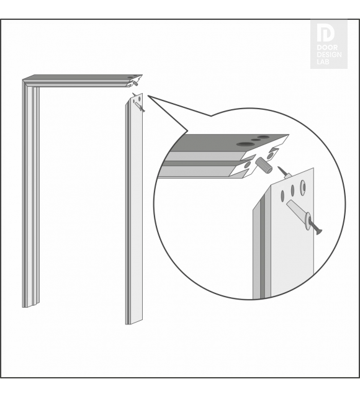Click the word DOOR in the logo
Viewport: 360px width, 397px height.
pos(327,47)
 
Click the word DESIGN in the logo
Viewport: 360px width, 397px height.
pos(329,55)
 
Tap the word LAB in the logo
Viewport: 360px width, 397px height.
pos(323,61)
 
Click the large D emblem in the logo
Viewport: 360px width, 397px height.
pos(326,33)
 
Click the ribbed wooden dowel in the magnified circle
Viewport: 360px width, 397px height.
pos(264,165)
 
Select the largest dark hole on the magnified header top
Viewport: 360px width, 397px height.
pos(245,144)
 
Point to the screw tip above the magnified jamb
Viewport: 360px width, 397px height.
pos(279,167)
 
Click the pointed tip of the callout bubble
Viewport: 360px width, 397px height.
pos(148,96)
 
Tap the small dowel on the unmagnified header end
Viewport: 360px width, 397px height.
pos(136,83)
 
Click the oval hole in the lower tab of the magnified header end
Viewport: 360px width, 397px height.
pos(246,166)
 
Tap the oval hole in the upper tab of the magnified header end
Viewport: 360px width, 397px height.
pos(270,156)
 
